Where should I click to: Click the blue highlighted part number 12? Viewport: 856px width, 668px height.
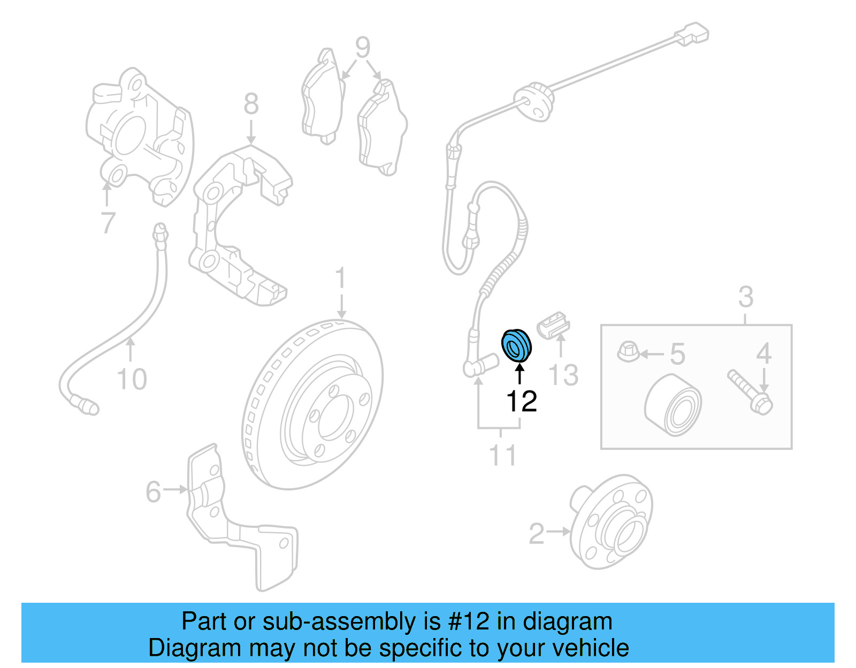pyautogui.click(x=516, y=345)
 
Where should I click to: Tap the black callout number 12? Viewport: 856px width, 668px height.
pyautogui.click(x=521, y=401)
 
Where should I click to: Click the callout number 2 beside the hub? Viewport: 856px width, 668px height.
pyautogui.click(x=536, y=534)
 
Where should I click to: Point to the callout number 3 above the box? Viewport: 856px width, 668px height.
pyautogui.click(x=745, y=297)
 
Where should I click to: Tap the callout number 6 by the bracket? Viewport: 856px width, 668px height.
pyautogui.click(x=153, y=492)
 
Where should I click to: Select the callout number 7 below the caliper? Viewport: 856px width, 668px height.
pyautogui.click(x=108, y=222)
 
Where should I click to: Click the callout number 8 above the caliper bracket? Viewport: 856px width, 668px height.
pyautogui.click(x=251, y=104)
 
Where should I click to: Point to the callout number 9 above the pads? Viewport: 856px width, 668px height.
pyautogui.click(x=363, y=48)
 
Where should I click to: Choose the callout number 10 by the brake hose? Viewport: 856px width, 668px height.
pyautogui.click(x=132, y=379)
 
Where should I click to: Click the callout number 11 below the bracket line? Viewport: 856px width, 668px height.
pyautogui.click(x=503, y=455)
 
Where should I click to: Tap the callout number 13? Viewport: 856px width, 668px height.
pyautogui.click(x=564, y=375)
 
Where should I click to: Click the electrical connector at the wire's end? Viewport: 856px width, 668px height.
pyautogui.click(x=692, y=34)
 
